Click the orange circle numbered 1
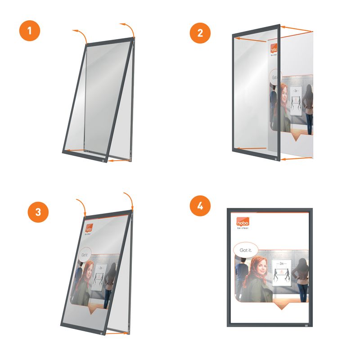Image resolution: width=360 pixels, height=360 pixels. pyautogui.click(x=29, y=32)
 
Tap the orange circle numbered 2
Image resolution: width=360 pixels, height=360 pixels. pyautogui.click(x=200, y=32)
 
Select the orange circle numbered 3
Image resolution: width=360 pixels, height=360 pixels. pyautogui.click(x=38, y=212)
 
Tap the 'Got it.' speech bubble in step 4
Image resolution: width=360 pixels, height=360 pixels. pyautogui.click(x=245, y=250)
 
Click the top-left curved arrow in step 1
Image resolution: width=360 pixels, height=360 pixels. pyautogui.click(x=79, y=34)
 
